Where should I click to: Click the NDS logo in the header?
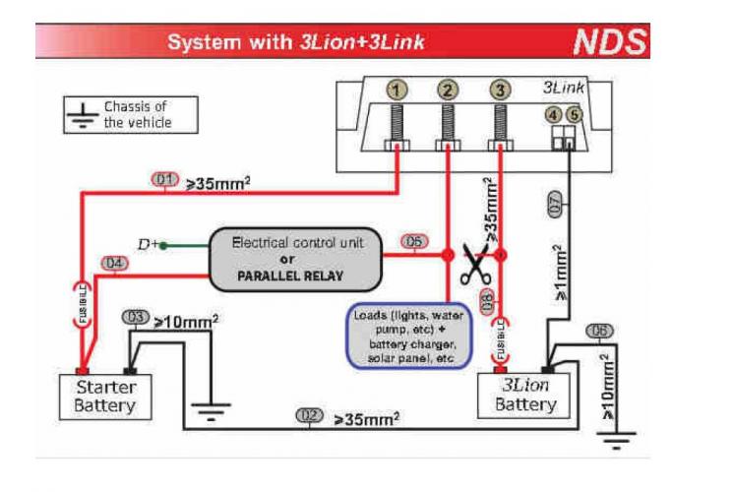click(610, 42)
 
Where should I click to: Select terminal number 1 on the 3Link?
click(396, 91)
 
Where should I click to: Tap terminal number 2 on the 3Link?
click(449, 91)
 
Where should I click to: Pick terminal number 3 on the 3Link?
click(502, 91)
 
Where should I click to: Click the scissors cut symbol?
click(475, 265)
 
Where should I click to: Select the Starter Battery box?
click(105, 396)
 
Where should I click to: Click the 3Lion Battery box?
click(524, 395)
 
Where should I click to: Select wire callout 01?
click(164, 179)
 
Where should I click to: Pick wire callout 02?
click(309, 416)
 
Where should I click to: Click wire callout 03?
click(136, 317)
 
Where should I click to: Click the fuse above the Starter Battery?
click(83, 303)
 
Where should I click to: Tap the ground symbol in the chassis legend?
click(84, 115)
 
